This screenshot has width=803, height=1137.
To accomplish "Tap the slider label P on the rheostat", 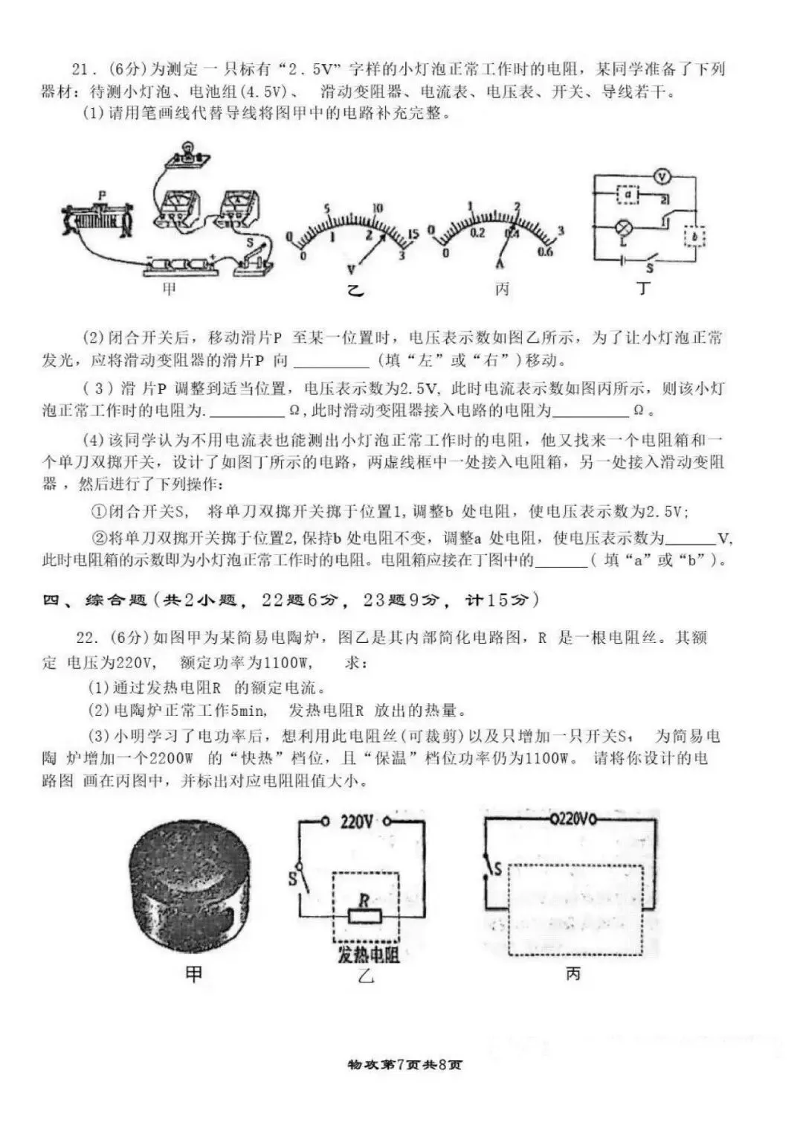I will (102, 195).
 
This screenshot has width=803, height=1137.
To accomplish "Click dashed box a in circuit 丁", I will (629, 195).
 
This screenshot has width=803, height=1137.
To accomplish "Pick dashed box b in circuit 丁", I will (694, 237).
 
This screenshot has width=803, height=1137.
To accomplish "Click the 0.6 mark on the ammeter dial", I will (545, 252).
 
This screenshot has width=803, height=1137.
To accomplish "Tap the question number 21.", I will (81, 70).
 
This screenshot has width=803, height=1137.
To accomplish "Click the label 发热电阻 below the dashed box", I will (368, 955).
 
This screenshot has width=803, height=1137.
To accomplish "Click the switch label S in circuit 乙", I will (293, 880).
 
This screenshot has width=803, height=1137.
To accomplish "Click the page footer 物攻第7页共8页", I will (404, 1065).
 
